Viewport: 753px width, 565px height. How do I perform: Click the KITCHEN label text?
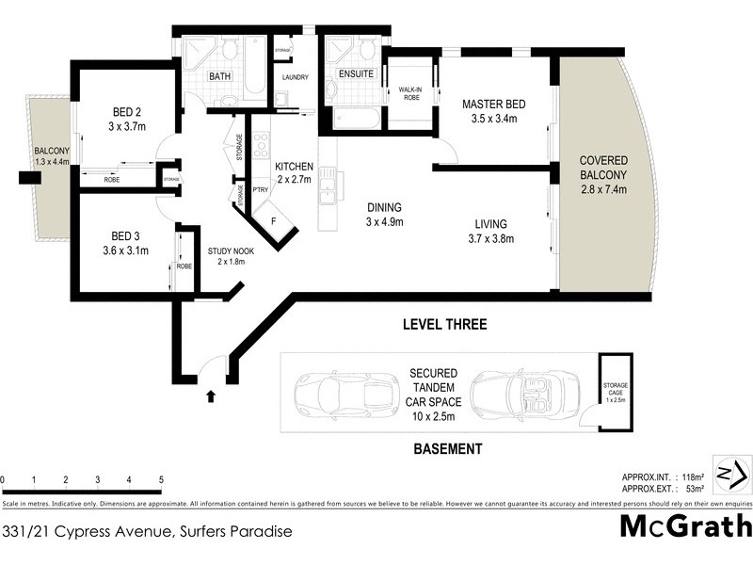(x=295, y=167)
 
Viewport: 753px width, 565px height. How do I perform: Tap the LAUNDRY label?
(x=295, y=77)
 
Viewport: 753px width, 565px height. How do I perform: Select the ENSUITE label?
(x=357, y=73)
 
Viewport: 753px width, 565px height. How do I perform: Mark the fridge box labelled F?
(x=274, y=222)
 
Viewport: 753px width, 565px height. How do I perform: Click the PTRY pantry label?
(x=262, y=189)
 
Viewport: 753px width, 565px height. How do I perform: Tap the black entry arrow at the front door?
(x=210, y=397)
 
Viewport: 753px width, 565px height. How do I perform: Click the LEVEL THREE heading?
(x=444, y=325)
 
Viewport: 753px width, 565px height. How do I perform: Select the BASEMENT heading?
(x=448, y=449)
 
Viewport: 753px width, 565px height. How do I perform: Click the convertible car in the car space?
(x=520, y=393)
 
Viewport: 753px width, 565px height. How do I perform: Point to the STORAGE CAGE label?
(x=614, y=393)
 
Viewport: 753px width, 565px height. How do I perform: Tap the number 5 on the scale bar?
(x=162, y=480)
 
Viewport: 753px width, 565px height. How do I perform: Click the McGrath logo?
(x=685, y=525)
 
